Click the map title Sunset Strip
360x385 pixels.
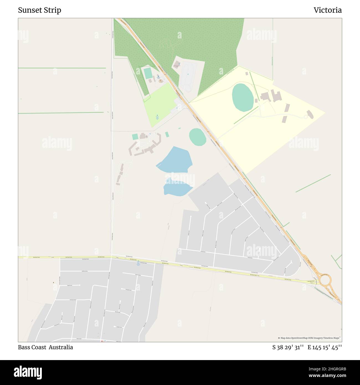(x=40, y=10)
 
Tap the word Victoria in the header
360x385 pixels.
(x=327, y=10)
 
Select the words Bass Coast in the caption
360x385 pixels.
(x=32, y=347)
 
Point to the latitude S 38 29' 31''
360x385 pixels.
(x=288, y=347)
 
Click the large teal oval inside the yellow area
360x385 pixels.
(x=243, y=97)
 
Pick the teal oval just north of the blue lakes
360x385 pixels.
(x=197, y=137)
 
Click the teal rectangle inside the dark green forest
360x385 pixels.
(x=148, y=73)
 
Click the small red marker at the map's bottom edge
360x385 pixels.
(x=102, y=341)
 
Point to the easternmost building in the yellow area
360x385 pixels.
(x=310, y=114)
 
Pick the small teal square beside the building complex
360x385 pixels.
(x=135, y=137)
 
